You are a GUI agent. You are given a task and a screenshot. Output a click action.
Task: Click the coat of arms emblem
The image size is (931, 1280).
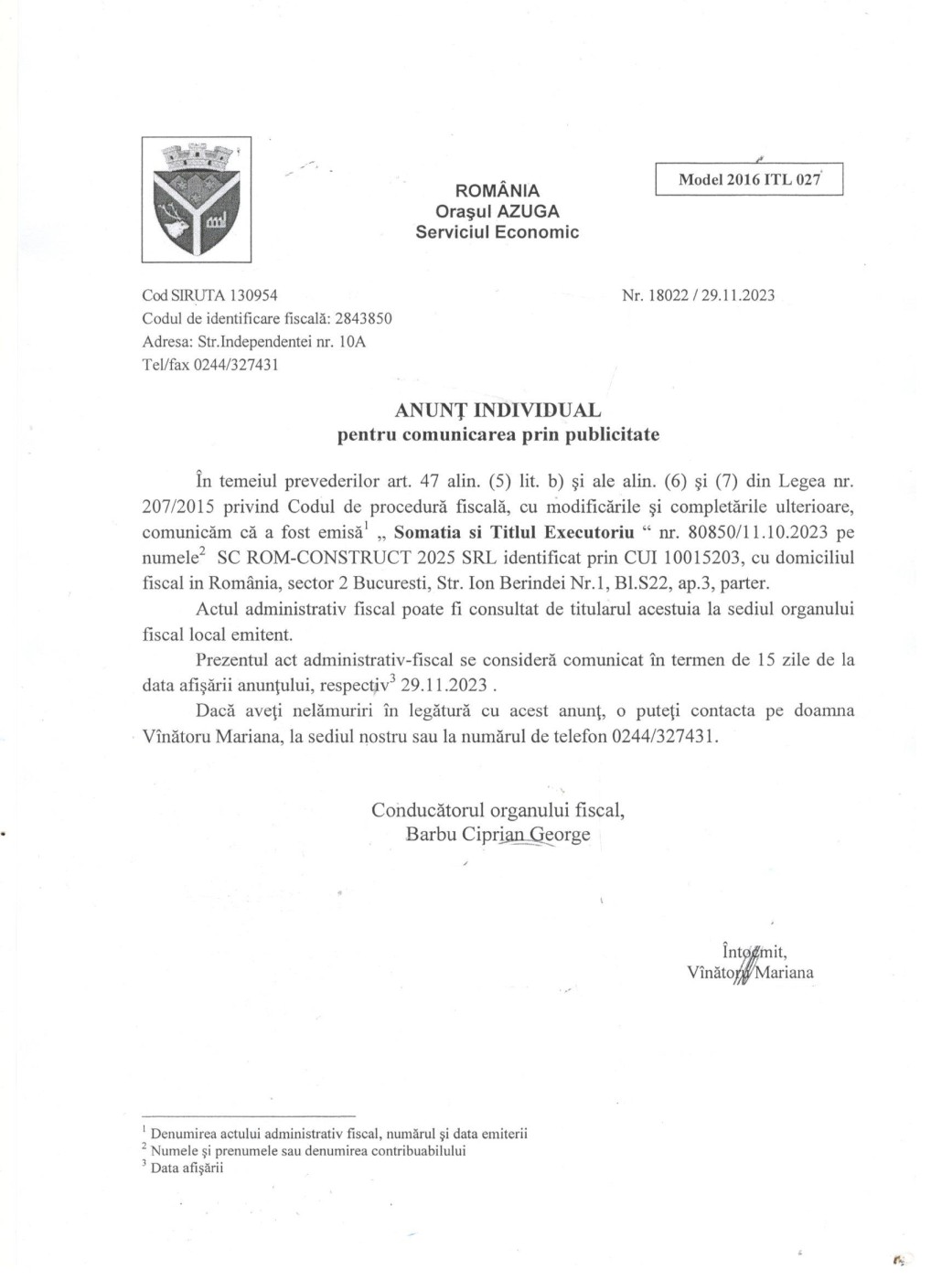click(196, 198)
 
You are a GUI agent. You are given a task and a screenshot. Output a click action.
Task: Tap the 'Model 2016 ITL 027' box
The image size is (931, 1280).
click(748, 179)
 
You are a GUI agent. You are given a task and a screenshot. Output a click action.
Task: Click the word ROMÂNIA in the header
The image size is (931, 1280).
click(498, 191)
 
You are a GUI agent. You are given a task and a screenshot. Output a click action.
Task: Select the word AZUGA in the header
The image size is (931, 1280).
click(529, 211)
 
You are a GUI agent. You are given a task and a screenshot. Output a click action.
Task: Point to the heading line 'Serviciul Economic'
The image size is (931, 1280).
click(497, 232)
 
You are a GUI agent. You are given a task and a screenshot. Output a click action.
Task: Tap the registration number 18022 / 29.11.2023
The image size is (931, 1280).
click(711, 295)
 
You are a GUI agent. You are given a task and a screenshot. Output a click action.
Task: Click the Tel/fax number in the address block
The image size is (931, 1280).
click(236, 365)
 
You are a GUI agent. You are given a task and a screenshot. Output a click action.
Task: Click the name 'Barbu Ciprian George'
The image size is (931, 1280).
click(498, 834)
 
